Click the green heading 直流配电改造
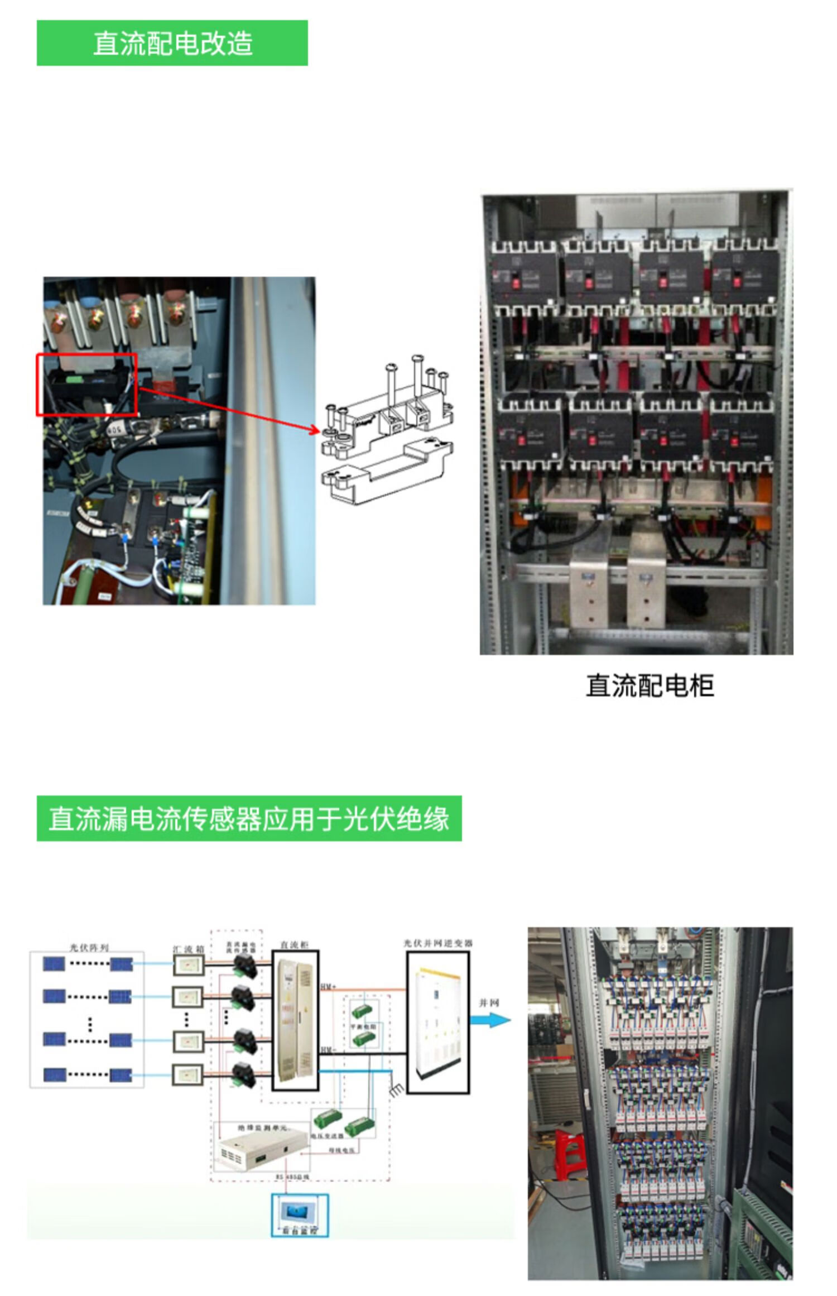pyautogui.click(x=172, y=43)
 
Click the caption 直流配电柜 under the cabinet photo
pyautogui.click(x=650, y=685)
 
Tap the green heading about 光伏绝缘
pyautogui.click(x=249, y=819)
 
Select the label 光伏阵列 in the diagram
pyautogui.click(x=89, y=948)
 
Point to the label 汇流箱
pyautogui.click(x=188, y=949)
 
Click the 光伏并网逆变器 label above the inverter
pyautogui.click(x=438, y=943)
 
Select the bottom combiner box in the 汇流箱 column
pyautogui.click(x=187, y=1074)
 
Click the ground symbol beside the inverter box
pyautogui.click(x=396, y=1088)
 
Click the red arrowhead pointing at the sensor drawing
pyautogui.click(x=314, y=430)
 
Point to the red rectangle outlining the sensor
pyautogui.click(x=86, y=385)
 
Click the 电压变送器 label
pyautogui.click(x=327, y=1136)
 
